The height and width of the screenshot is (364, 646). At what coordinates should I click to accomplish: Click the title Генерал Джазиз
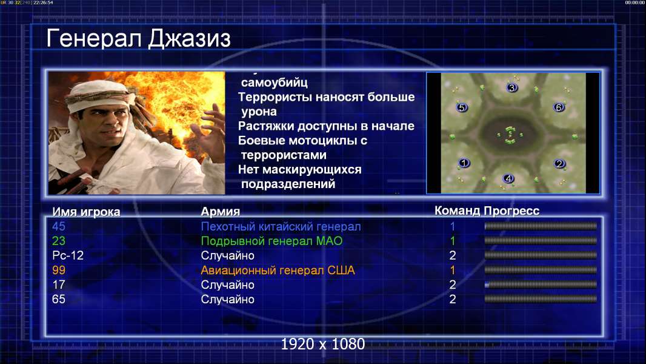138,39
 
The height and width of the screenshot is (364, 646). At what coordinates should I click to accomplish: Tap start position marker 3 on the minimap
511,87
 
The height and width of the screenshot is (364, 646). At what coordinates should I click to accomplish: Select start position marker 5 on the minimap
462,107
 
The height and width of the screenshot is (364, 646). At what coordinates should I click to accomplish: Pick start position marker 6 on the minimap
559,107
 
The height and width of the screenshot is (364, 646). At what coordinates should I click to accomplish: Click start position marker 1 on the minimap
464,163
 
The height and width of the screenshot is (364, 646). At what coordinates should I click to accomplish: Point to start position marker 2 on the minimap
559,164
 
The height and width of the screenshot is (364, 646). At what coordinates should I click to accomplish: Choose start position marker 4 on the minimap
508,178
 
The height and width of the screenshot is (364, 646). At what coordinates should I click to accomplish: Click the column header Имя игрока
86,212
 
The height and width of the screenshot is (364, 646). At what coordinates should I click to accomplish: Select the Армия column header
221,212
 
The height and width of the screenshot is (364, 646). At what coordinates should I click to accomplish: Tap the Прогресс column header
511,211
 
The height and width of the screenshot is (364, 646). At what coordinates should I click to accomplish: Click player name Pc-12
68,255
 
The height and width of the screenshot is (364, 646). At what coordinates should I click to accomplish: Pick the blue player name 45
59,226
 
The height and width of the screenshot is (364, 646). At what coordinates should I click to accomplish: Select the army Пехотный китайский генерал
281,227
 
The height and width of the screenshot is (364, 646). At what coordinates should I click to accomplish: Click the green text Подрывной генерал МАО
272,241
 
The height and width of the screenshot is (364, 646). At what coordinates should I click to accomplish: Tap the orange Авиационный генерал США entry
278,271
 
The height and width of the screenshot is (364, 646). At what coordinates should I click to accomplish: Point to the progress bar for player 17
541,285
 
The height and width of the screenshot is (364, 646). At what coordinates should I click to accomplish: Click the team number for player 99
452,270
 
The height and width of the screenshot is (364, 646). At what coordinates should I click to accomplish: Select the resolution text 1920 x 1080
323,344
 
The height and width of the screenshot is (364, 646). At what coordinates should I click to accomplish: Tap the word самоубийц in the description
275,83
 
